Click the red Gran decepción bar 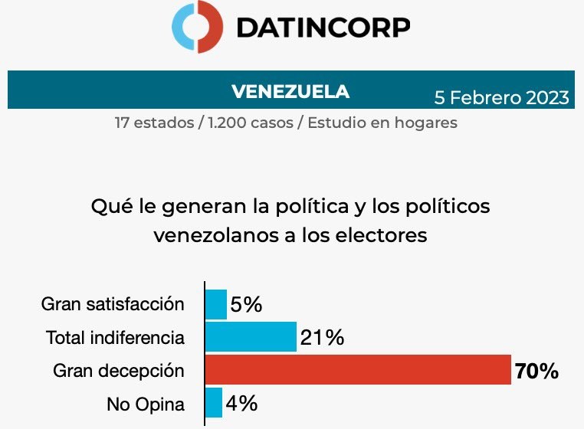[x=358, y=370]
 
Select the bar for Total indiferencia [x=251, y=337]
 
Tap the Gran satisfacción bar [x=216, y=304]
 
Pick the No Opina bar [x=214, y=403]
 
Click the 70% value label [x=536, y=372]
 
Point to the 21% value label [x=322, y=338]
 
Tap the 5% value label [x=247, y=305]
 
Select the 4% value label [x=241, y=404]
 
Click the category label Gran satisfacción [x=113, y=304]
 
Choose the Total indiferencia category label [x=115, y=337]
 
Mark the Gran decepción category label [x=119, y=371]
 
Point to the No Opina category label [x=145, y=404]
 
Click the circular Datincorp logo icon [x=198, y=28]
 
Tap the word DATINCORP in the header [x=323, y=28]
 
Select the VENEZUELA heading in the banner [x=290, y=91]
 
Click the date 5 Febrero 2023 [x=502, y=97]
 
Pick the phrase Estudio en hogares [x=382, y=123]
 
